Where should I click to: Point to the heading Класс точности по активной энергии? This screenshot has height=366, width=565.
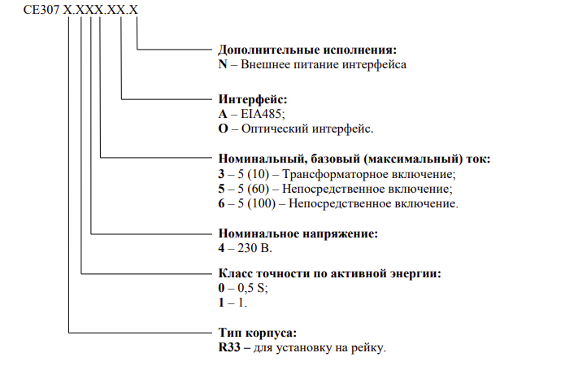click(x=331, y=274)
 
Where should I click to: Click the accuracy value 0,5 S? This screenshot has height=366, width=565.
click(x=250, y=289)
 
